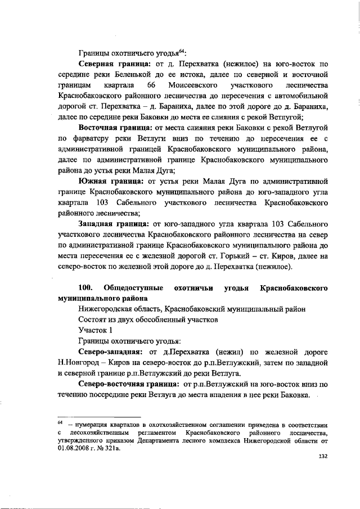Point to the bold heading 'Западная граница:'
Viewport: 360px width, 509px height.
(x=112, y=224)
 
